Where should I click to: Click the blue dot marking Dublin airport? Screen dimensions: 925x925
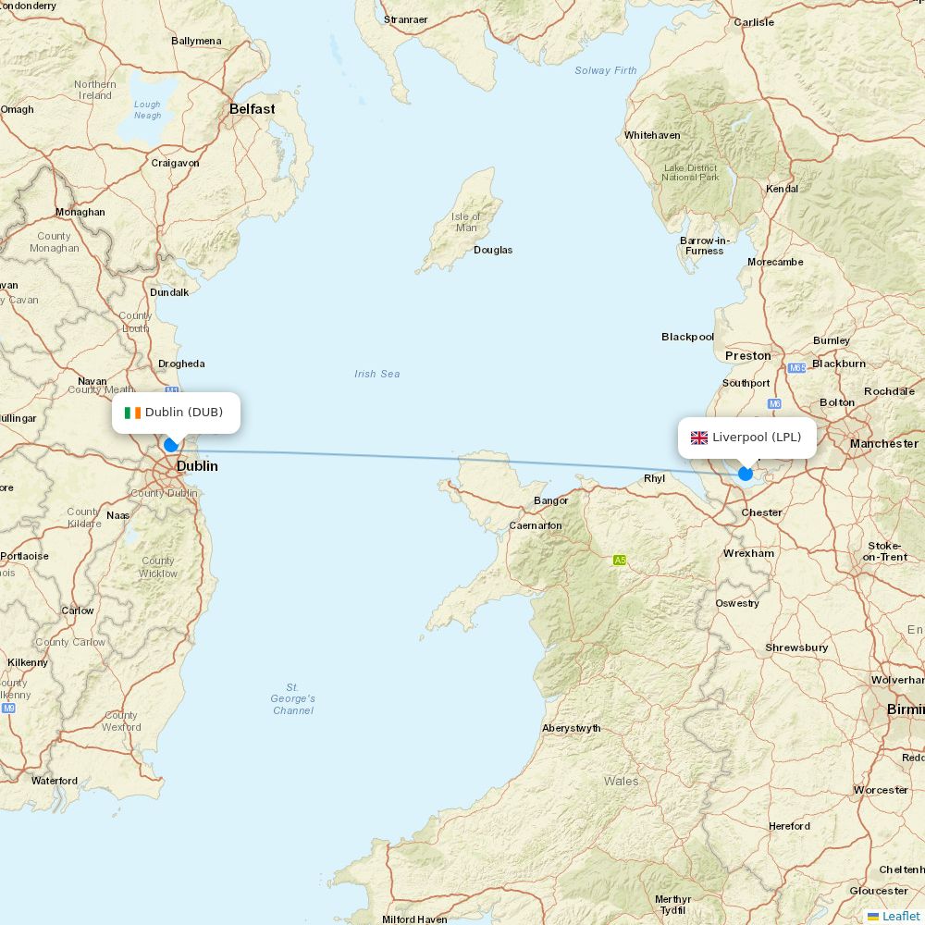click(170, 445)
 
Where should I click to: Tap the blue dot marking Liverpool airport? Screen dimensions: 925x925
click(746, 474)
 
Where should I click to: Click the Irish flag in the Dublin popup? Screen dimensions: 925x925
click(132, 413)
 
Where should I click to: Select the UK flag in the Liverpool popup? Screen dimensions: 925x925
click(698, 438)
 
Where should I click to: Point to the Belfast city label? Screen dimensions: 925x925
click(252, 109)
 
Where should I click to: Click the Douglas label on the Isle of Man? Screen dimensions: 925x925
click(493, 250)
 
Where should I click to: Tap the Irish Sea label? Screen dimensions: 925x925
click(376, 374)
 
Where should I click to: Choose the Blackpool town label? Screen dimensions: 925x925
click(687, 337)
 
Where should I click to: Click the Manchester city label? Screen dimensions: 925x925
click(883, 444)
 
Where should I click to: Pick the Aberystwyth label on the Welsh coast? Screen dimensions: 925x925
click(571, 728)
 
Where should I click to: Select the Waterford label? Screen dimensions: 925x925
click(55, 781)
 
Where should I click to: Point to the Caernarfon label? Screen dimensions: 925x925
click(536, 525)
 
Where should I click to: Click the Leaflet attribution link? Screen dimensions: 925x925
click(900, 916)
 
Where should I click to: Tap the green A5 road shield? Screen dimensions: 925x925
click(620, 560)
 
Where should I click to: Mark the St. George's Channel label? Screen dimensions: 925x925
click(293, 698)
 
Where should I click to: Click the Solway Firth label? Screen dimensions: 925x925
click(606, 70)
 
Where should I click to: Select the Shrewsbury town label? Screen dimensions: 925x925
click(796, 647)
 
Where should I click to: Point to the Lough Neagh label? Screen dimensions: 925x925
click(147, 110)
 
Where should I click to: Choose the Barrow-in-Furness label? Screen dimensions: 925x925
click(705, 245)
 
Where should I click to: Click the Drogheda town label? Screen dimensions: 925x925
click(181, 364)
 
